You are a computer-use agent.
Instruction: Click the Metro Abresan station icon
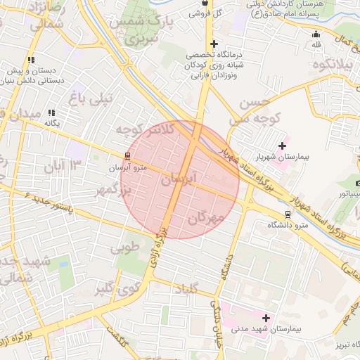click(x=127, y=156)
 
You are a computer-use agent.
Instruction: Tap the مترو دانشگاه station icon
click(x=287, y=214)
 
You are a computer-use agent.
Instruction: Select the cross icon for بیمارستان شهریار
click(x=283, y=146)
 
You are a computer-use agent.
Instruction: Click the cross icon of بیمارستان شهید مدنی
click(x=266, y=318)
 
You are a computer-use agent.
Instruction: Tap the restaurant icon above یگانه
click(x=51, y=112)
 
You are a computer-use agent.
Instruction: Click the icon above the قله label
click(x=316, y=34)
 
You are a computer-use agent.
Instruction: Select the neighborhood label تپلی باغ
click(x=90, y=99)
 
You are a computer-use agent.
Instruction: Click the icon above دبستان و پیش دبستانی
click(x=30, y=60)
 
